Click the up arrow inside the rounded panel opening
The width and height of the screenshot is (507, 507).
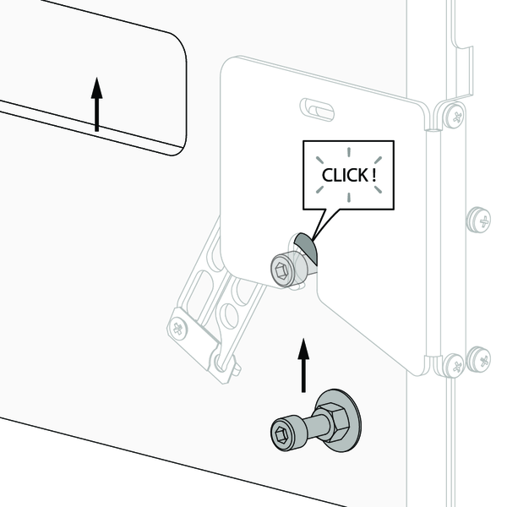[96, 105]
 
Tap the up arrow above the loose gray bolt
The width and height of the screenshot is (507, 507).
[303, 365]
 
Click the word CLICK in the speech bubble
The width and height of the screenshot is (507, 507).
[345, 175]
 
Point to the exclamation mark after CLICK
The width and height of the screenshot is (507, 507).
[374, 175]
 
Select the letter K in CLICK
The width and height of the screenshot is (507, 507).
[363, 175]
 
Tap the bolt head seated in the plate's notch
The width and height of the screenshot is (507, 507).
[283, 269]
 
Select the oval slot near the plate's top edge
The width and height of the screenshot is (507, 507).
[317, 110]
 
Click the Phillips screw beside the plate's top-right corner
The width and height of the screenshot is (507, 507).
[454, 116]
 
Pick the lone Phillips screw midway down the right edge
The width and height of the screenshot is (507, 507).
[479, 221]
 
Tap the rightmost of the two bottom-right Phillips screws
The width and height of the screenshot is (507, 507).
[479, 360]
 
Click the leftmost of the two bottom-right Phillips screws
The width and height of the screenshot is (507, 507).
[454, 366]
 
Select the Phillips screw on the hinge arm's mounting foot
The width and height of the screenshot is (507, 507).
[179, 329]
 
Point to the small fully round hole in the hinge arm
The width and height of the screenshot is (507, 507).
[230, 315]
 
